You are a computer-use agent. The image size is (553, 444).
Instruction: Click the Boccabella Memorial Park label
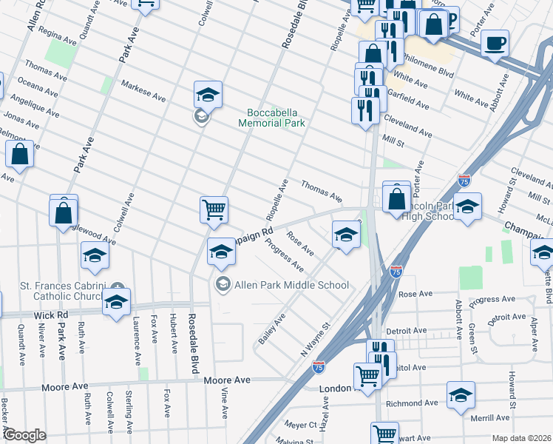pyautogui.click(x=271, y=118)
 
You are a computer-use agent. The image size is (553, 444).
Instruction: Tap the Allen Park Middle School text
pyautogui.click(x=291, y=284)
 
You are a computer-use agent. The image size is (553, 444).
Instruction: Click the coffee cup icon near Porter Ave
pyautogui.click(x=495, y=42)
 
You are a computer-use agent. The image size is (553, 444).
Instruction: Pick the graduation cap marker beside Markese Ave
pyautogui.click(x=208, y=94)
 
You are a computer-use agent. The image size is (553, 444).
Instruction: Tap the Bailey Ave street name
pyautogui.click(x=271, y=329)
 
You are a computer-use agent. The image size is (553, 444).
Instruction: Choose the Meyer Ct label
pyautogui.click(x=301, y=425)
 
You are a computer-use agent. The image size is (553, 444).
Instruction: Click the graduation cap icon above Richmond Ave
pyautogui.click(x=461, y=395)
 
